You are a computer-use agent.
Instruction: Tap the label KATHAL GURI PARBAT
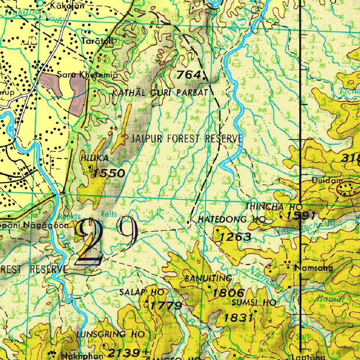pyautogui.click(x=160, y=93)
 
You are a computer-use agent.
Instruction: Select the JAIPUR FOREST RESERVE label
pyautogui.click(x=187, y=139)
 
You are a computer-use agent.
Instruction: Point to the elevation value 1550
pyautogui.click(x=109, y=173)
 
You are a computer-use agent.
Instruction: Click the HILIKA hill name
pyautogui.click(x=94, y=159)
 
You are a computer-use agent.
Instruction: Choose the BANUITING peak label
pyautogui.click(x=208, y=279)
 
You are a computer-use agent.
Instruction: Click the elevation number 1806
pyautogui.click(x=229, y=292)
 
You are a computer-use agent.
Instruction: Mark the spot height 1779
pyautogui.click(x=166, y=305)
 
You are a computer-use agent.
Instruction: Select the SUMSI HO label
pyautogui.click(x=254, y=302)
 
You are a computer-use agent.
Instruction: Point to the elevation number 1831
pyautogui.click(x=239, y=318)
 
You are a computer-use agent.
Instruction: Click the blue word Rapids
pyautogui.click(x=70, y=216)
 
